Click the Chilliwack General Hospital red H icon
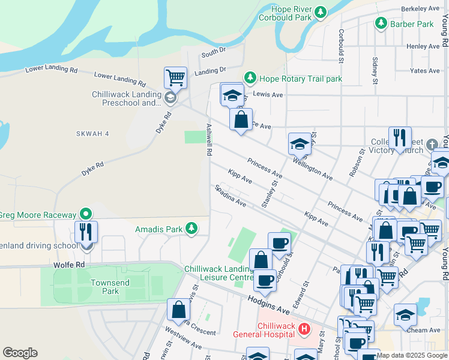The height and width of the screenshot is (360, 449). [x=304, y=329]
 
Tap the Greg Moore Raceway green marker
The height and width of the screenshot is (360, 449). [x=86, y=214]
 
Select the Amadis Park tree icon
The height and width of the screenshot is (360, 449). [x=191, y=228]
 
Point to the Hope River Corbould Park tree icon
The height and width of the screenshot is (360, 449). [x=321, y=11]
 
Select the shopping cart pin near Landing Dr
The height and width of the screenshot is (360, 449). [x=175, y=77]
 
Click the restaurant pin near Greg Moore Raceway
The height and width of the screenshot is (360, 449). [x=86, y=231]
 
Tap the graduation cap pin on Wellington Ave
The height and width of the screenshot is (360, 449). [x=300, y=143]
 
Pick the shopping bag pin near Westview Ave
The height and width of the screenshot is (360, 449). [x=179, y=310]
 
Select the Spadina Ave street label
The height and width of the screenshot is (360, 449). [x=231, y=195]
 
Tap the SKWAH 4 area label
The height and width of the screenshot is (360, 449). [x=92, y=134]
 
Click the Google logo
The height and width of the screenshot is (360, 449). [x=20, y=353]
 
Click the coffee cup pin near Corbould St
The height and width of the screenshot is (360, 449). [x=279, y=243]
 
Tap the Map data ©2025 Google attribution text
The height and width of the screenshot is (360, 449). [x=412, y=355]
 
